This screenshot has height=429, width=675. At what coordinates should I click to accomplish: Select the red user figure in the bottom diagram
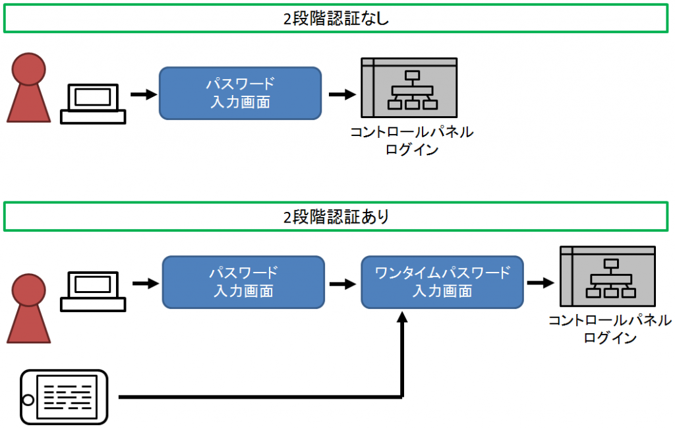click(29, 308)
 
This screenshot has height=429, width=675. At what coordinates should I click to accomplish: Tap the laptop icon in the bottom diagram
click(93, 292)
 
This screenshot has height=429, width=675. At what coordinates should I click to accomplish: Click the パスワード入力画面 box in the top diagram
click(240, 93)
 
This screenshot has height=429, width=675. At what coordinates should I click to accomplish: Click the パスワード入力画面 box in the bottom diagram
click(243, 282)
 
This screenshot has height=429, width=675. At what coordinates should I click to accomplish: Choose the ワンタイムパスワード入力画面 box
click(442, 282)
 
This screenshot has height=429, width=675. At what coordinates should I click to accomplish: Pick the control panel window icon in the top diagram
click(409, 88)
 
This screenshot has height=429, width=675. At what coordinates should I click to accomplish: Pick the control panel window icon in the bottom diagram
click(607, 276)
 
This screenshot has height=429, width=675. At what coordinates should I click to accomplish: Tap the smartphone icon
click(63, 397)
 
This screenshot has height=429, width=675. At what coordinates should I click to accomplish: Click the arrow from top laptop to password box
click(143, 94)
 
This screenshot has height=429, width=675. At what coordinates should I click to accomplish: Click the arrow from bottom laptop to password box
click(145, 283)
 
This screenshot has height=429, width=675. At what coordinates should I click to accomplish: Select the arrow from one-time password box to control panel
click(540, 283)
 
